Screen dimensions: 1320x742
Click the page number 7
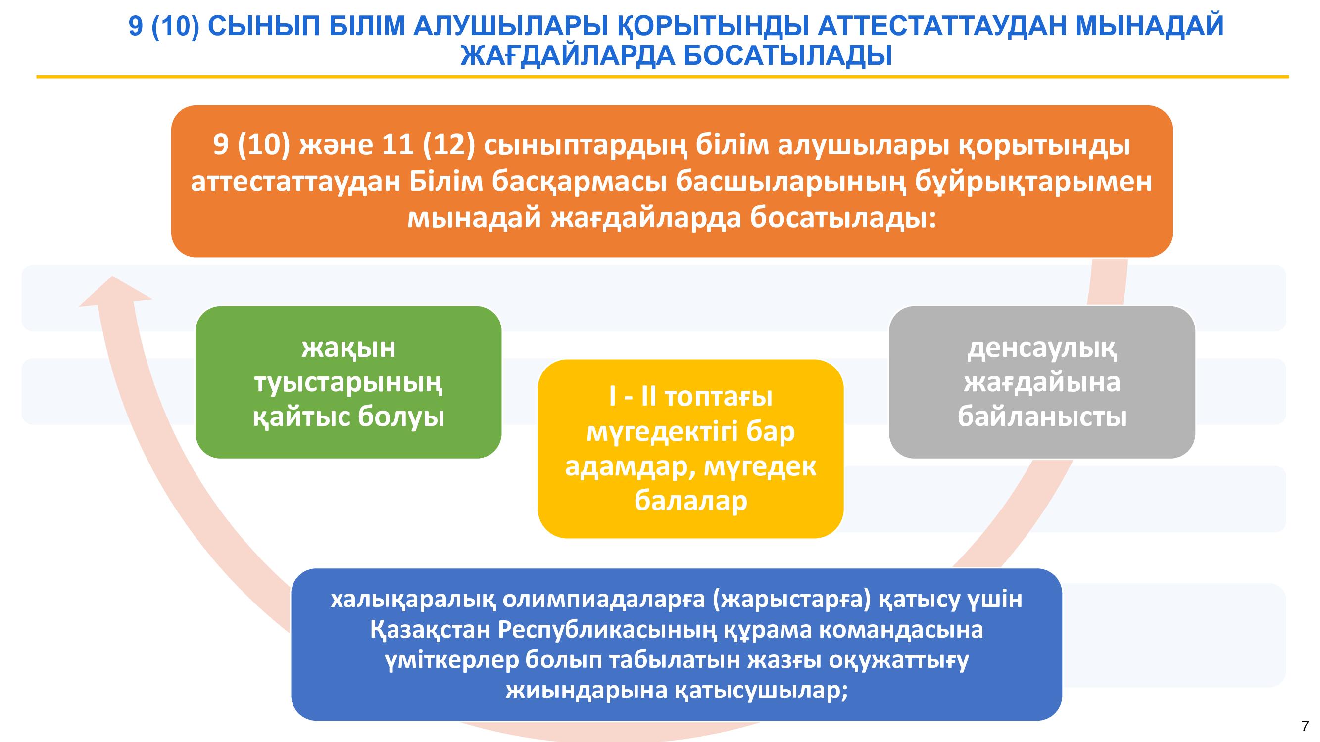1305,726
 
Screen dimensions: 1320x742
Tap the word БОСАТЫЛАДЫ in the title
788,56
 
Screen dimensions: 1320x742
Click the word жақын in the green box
348,348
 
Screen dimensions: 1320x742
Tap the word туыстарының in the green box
348,383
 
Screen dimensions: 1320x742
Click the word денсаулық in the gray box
1042,349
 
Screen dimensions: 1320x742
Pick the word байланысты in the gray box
1042,417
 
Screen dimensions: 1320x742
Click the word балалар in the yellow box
691,500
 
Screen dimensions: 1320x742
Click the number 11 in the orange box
398,145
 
